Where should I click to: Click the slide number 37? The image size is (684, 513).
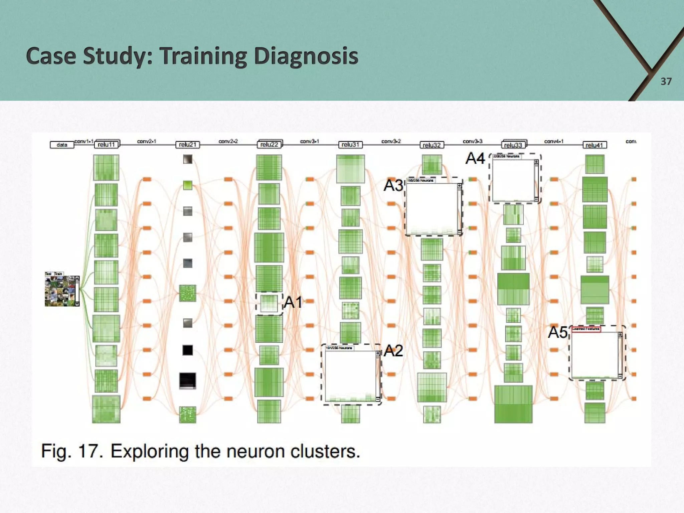[x=666, y=81]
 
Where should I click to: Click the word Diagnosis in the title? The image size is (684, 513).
[x=306, y=56]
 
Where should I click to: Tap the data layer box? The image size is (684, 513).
[x=62, y=145]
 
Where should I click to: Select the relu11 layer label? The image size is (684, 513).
[x=107, y=145]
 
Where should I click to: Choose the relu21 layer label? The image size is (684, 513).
[x=188, y=145]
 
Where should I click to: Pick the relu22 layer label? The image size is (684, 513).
[x=269, y=145]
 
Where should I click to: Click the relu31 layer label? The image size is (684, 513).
[x=350, y=145]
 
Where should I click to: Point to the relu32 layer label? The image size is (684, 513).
[x=432, y=145]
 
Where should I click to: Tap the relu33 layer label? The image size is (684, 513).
[x=513, y=145]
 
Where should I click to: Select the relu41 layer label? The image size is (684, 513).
[x=594, y=145]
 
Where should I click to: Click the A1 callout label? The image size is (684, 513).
[x=293, y=302]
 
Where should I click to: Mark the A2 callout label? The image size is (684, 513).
[x=393, y=351]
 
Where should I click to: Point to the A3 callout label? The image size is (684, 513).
[x=393, y=185]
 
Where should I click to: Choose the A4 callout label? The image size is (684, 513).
[x=475, y=158]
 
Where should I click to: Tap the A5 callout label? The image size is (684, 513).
[x=557, y=332]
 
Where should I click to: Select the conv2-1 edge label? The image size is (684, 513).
[x=147, y=141]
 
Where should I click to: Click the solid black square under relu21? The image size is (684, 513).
[x=188, y=350]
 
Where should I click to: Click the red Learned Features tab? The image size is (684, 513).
[x=586, y=329]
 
